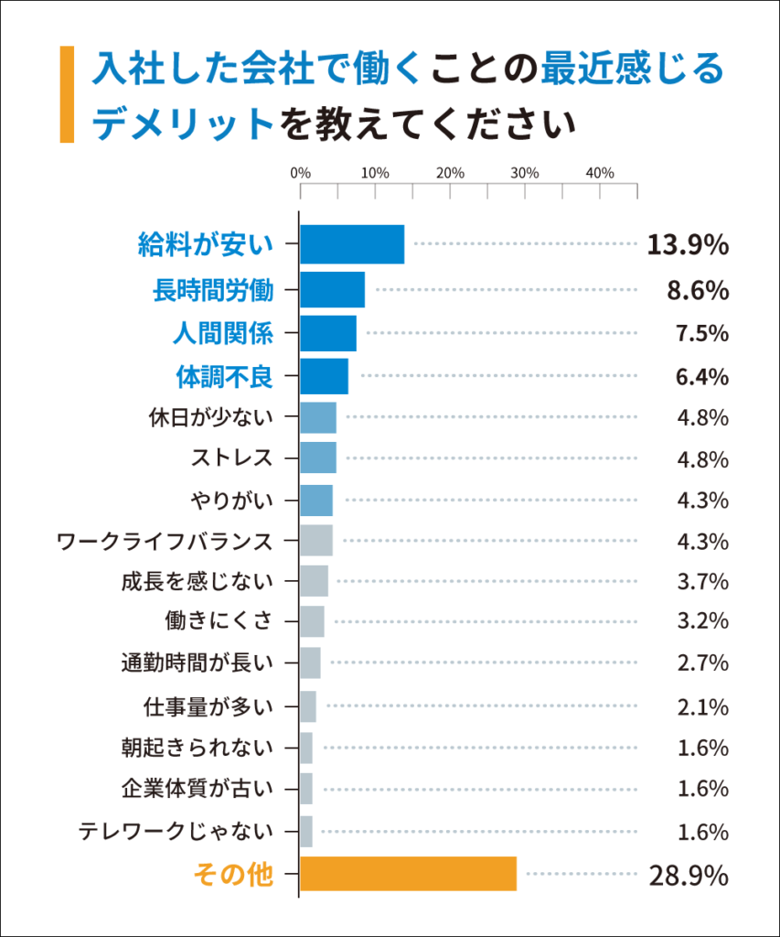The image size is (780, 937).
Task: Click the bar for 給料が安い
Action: (x=352, y=244)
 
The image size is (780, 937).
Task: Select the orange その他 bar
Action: (x=409, y=874)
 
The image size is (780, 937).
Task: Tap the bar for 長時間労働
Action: (x=332, y=290)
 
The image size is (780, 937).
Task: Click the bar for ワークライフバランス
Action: (x=316, y=541)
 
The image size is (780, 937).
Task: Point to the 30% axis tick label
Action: (x=525, y=173)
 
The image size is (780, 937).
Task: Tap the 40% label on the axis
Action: (x=600, y=173)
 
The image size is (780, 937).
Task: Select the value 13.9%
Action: (x=688, y=245)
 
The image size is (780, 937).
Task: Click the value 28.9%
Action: (x=689, y=876)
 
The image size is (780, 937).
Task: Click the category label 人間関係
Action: (x=223, y=333)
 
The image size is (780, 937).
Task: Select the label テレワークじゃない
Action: (x=176, y=832)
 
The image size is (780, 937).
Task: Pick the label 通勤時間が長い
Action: (x=197, y=662)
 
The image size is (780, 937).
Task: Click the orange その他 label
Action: (x=233, y=875)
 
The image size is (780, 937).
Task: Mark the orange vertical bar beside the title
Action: (x=66, y=94)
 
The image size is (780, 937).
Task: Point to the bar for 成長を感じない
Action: (x=314, y=581)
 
